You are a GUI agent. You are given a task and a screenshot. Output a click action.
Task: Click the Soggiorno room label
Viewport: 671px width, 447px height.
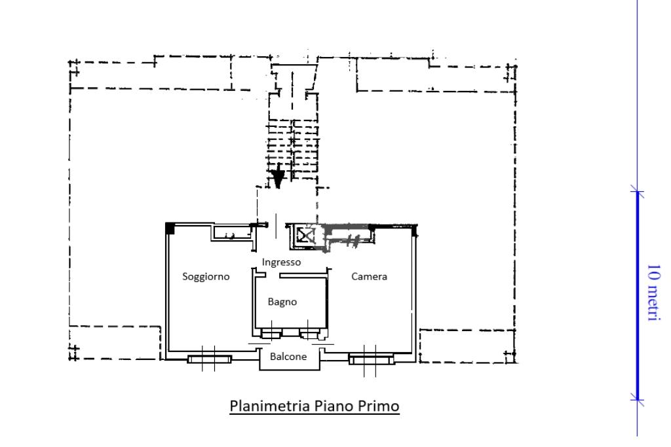[206, 277]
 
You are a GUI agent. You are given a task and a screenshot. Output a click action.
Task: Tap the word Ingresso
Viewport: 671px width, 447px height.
[281, 262]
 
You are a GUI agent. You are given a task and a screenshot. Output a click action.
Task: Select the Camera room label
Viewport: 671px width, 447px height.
[369, 276]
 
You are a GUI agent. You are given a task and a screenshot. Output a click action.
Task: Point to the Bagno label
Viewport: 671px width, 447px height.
[282, 302]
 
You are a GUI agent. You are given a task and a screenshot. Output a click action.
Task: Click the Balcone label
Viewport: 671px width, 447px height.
[288, 357]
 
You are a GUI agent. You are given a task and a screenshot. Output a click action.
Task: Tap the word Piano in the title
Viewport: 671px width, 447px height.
[334, 406]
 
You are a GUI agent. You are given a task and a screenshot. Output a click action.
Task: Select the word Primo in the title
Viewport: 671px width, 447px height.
[378, 406]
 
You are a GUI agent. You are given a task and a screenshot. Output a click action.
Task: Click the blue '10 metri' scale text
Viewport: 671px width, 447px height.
[653, 293]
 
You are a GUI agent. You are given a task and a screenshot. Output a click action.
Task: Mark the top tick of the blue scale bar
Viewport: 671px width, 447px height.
[637, 191]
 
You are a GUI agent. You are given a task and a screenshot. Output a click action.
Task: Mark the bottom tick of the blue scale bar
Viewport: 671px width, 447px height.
[637, 400]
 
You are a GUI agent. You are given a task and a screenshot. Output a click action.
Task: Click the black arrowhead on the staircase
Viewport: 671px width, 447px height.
[278, 177]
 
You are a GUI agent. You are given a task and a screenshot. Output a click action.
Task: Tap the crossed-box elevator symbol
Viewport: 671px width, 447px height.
[305, 236]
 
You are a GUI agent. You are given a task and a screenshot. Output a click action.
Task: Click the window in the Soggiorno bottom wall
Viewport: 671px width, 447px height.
[210, 359]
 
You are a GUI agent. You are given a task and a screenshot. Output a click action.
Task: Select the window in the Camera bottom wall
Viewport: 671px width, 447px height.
[371, 359]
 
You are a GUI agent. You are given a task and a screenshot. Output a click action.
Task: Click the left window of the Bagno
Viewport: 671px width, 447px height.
[271, 334]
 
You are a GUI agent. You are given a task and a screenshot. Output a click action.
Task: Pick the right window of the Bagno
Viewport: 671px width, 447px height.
[309, 334]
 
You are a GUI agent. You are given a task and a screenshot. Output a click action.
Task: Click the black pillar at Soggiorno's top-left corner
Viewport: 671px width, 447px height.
[170, 228]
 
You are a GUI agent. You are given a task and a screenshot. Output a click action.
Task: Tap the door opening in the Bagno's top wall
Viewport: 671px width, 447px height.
[273, 276]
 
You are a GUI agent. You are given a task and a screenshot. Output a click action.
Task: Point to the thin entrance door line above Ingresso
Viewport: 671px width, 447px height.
[276, 226]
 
